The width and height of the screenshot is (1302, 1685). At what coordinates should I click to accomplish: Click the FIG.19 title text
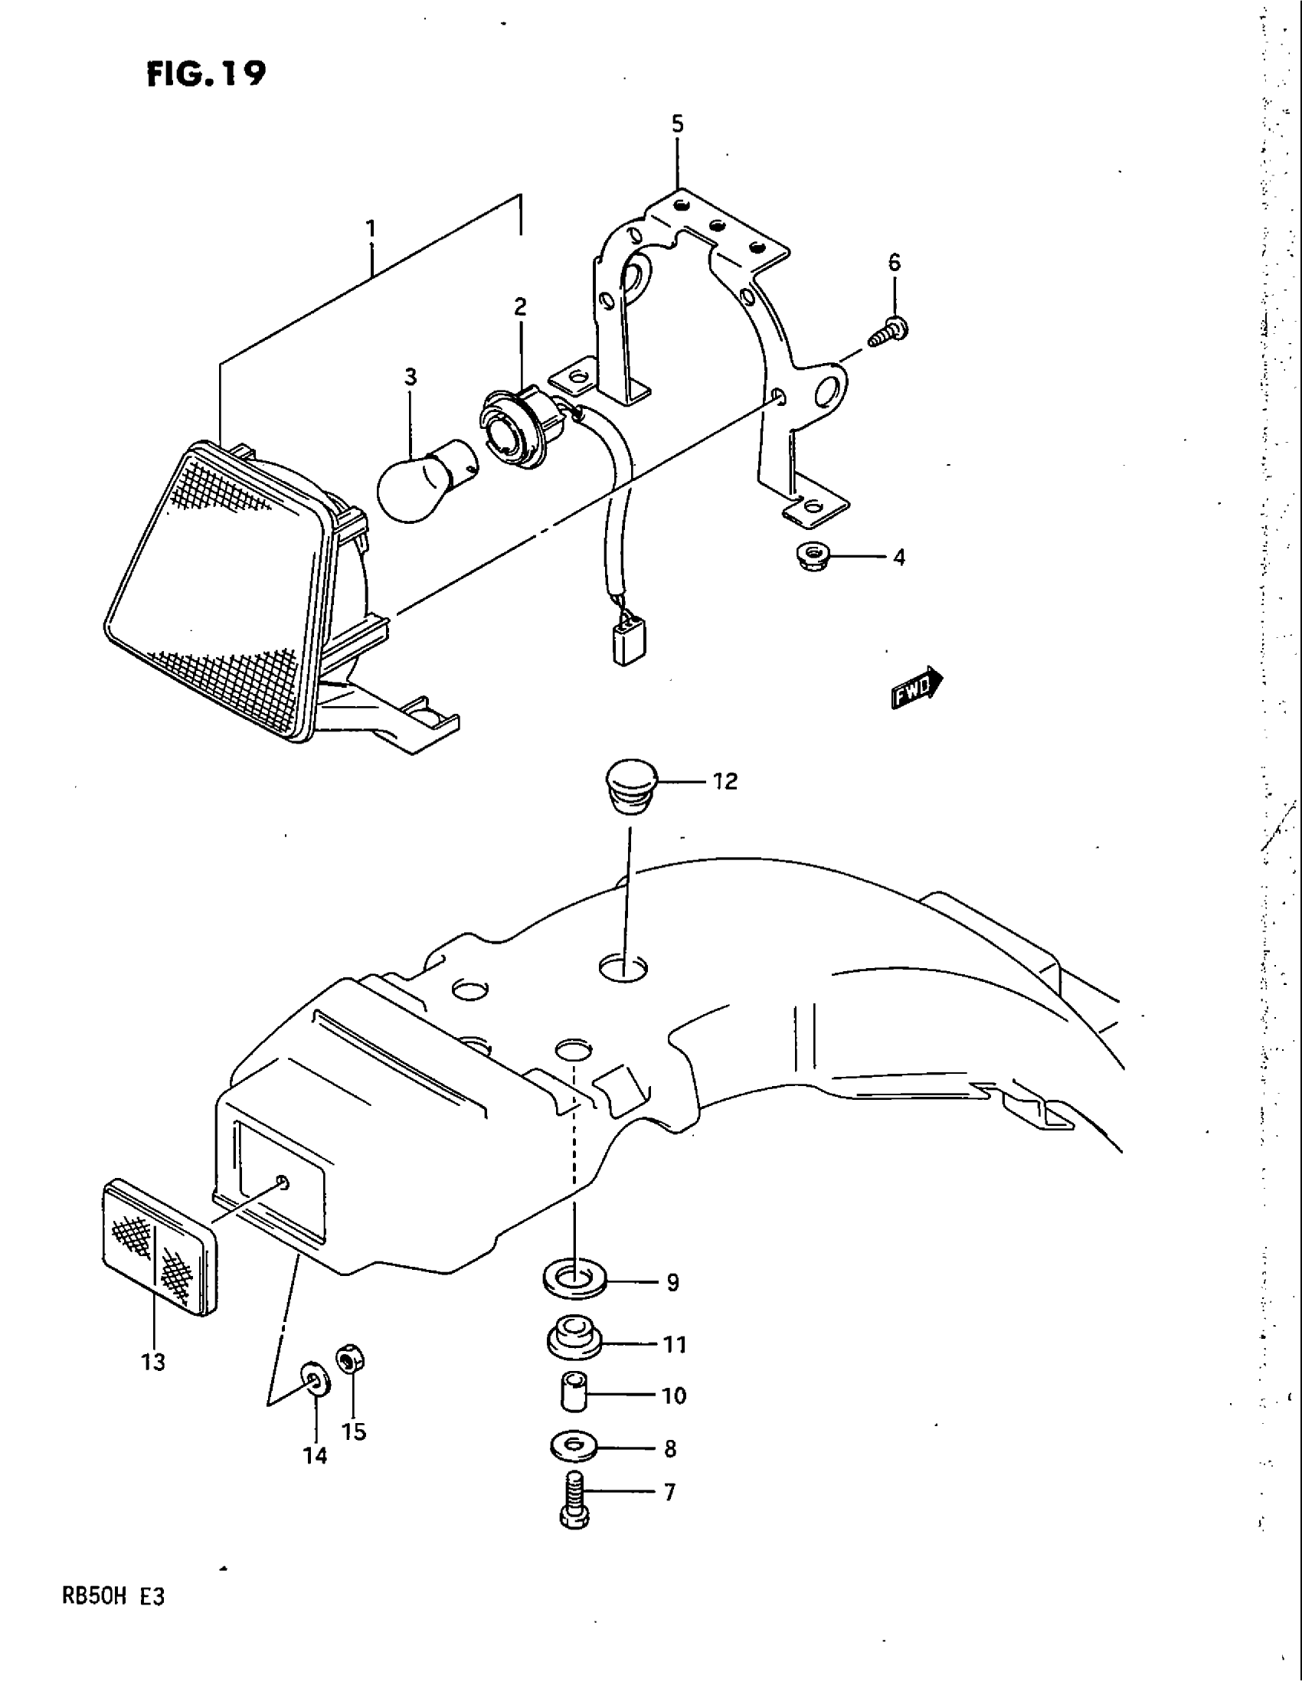pos(206,74)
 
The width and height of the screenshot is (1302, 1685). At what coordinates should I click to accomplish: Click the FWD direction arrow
pos(917,687)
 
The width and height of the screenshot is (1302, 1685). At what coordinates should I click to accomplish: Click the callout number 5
pos(677,124)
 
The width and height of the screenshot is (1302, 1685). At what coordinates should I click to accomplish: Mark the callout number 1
pos(371,228)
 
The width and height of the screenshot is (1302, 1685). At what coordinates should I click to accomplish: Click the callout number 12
pos(725,781)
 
